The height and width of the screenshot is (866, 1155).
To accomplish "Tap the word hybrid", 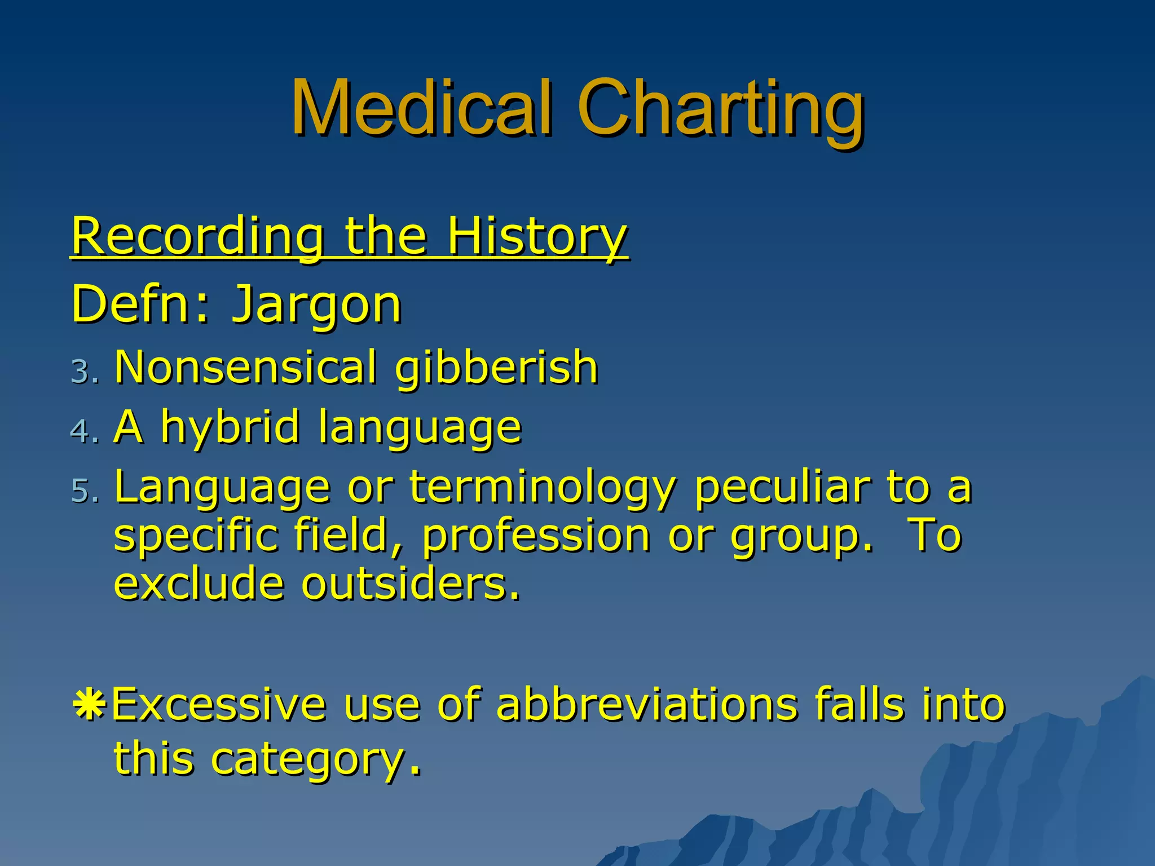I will click(230, 427).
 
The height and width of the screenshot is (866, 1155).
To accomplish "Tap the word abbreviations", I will click(647, 705).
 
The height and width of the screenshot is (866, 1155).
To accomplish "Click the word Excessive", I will click(219, 705).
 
